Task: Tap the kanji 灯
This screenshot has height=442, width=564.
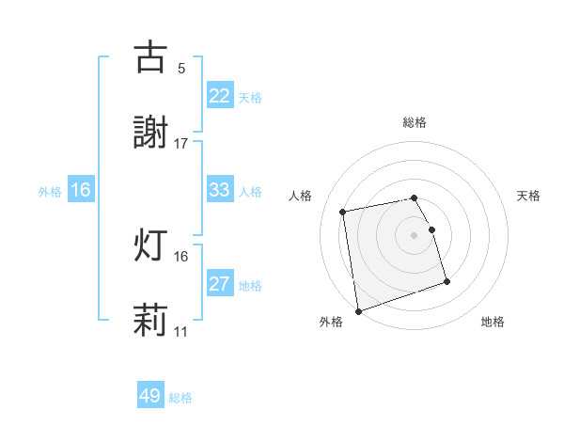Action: [151, 245]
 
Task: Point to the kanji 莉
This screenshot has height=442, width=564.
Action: [151, 321]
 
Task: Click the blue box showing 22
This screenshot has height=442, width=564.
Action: [220, 97]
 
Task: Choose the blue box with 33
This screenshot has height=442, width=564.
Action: [220, 191]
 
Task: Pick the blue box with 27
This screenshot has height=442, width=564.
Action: [220, 285]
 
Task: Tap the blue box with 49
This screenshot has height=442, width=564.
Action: [150, 397]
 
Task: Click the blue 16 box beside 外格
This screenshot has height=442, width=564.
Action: [81, 191]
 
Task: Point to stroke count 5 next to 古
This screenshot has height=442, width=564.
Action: [181, 69]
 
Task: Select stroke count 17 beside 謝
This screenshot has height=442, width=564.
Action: [181, 144]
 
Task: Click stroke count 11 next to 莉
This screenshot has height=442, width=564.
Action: [181, 332]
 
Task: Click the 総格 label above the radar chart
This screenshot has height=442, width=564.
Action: [415, 122]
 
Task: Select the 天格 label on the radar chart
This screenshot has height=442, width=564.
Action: [528, 196]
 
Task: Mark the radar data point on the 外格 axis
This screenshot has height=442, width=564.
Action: [358, 310]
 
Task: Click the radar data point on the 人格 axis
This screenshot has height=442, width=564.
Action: [343, 212]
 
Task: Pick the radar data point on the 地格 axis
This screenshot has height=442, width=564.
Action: [446, 281]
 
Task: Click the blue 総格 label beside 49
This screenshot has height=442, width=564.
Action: [180, 398]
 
